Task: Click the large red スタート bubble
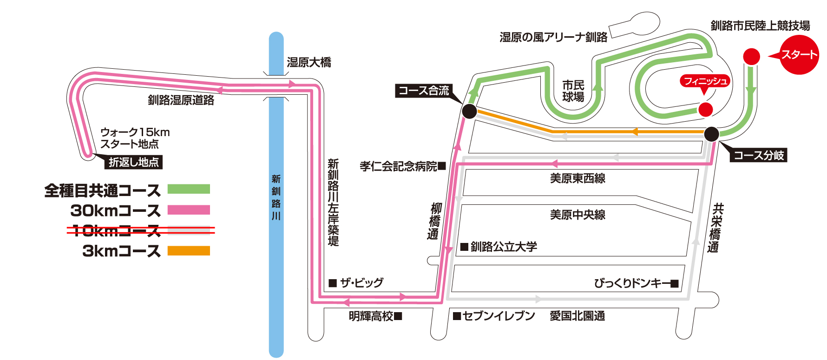pyautogui.click(x=799, y=55)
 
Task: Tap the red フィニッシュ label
pyautogui.click(x=705, y=81)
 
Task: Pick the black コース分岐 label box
pyautogui.click(x=759, y=155)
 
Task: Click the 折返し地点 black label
pyautogui.click(x=134, y=162)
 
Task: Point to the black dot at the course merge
pyautogui.click(x=469, y=111)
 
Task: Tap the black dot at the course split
pyautogui.click(x=711, y=134)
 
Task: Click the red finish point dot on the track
pyautogui.click(x=705, y=110)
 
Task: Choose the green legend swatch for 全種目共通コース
pyautogui.click(x=189, y=189)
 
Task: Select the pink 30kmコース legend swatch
pyautogui.click(x=189, y=210)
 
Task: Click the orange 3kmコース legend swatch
pyautogui.click(x=189, y=251)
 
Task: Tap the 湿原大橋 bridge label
pyautogui.click(x=309, y=62)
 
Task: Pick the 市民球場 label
pyautogui.click(x=573, y=91)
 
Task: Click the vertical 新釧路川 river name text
pyautogui.click(x=276, y=197)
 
